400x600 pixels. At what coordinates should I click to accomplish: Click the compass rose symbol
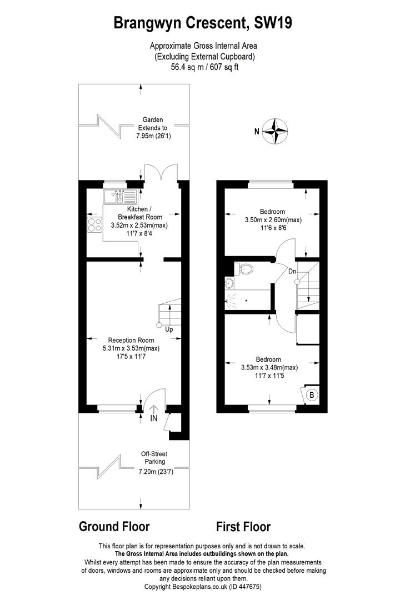[x=275, y=131]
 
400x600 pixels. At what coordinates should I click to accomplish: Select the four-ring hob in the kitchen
[x=94, y=224]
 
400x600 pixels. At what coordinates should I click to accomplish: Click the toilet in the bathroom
[x=244, y=269]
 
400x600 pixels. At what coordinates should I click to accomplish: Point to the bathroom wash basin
[x=229, y=283]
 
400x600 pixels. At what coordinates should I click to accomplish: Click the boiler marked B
[x=312, y=394]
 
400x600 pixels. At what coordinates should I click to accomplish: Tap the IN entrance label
[x=153, y=418]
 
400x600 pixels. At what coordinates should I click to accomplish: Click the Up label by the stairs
[x=169, y=329]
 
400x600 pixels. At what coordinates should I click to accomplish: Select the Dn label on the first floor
[x=292, y=271]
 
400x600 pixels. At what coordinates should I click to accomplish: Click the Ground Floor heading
[x=114, y=527]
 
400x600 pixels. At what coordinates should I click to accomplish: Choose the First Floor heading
[x=243, y=527]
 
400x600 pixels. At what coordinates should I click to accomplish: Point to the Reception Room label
[x=131, y=340]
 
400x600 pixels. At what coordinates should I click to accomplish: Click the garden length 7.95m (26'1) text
[x=153, y=136]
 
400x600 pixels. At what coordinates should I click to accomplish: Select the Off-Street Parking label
[x=154, y=458]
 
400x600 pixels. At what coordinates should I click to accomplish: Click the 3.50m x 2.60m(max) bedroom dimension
[x=273, y=220]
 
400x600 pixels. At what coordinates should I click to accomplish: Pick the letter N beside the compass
[x=257, y=132]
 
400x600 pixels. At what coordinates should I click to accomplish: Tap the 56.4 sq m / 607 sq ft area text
[x=204, y=67]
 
